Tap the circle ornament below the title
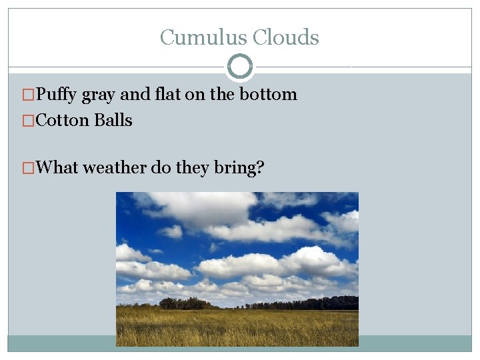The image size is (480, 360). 240,66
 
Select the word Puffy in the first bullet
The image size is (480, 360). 57,95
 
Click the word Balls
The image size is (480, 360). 113,121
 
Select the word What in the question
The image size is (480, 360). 57,167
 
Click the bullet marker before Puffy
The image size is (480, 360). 28,95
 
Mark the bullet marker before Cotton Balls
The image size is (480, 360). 28,121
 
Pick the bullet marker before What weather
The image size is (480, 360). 28,168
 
